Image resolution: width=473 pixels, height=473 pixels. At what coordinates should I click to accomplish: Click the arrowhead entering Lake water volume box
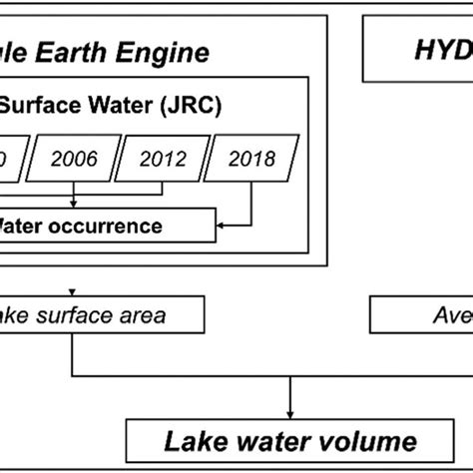289,412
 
